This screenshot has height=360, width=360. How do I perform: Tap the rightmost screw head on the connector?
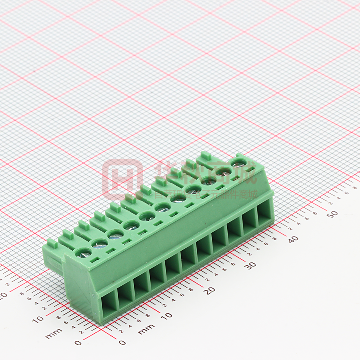(237, 162)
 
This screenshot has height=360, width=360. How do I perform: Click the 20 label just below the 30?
(210, 290)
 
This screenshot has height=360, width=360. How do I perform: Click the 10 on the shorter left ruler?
(38, 320)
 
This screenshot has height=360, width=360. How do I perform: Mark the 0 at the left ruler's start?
(78, 343)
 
